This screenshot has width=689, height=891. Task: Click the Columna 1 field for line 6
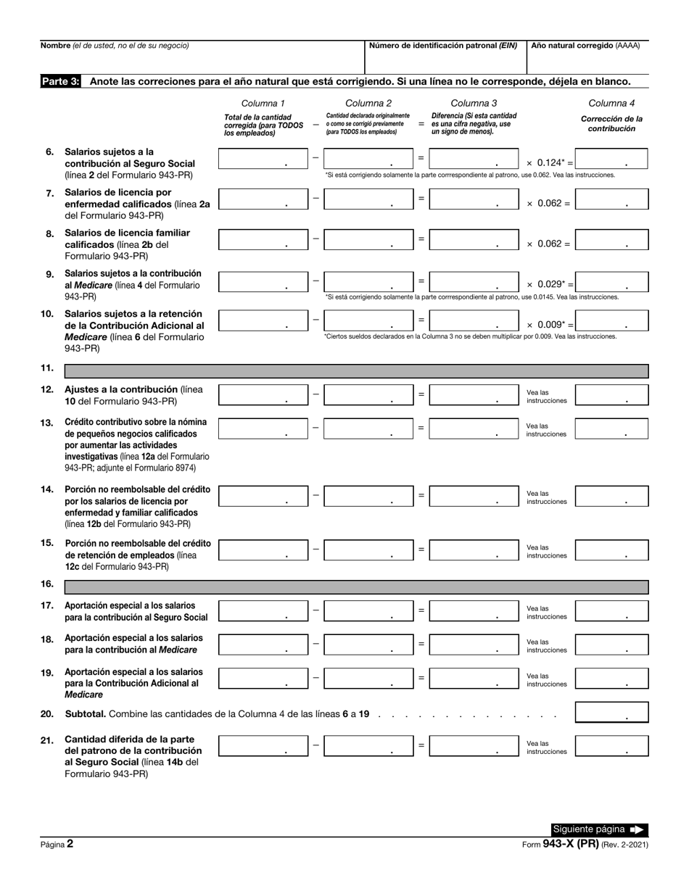click(263, 159)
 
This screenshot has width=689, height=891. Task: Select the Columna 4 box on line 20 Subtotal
click(611, 713)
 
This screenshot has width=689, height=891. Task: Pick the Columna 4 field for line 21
click(611, 746)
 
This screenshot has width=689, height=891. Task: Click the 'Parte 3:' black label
click(60, 82)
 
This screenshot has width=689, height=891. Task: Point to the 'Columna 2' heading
click(368, 103)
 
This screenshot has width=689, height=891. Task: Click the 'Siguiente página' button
click(598, 829)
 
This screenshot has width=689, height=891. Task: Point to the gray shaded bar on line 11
click(356, 371)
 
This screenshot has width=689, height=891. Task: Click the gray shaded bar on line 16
click(356, 587)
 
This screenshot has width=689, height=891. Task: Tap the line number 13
click(47, 423)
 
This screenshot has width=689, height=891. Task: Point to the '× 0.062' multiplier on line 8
click(548, 244)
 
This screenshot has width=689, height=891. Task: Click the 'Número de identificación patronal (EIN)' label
click(443, 45)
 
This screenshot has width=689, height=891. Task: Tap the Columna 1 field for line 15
click(263, 550)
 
